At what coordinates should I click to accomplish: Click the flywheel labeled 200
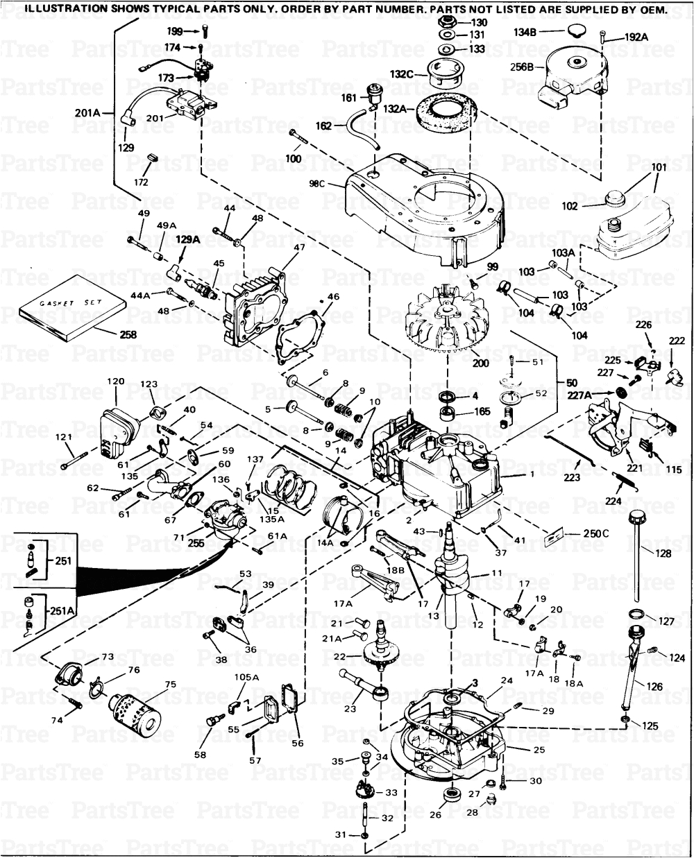tap(444, 318)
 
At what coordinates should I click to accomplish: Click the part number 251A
tap(63, 610)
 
